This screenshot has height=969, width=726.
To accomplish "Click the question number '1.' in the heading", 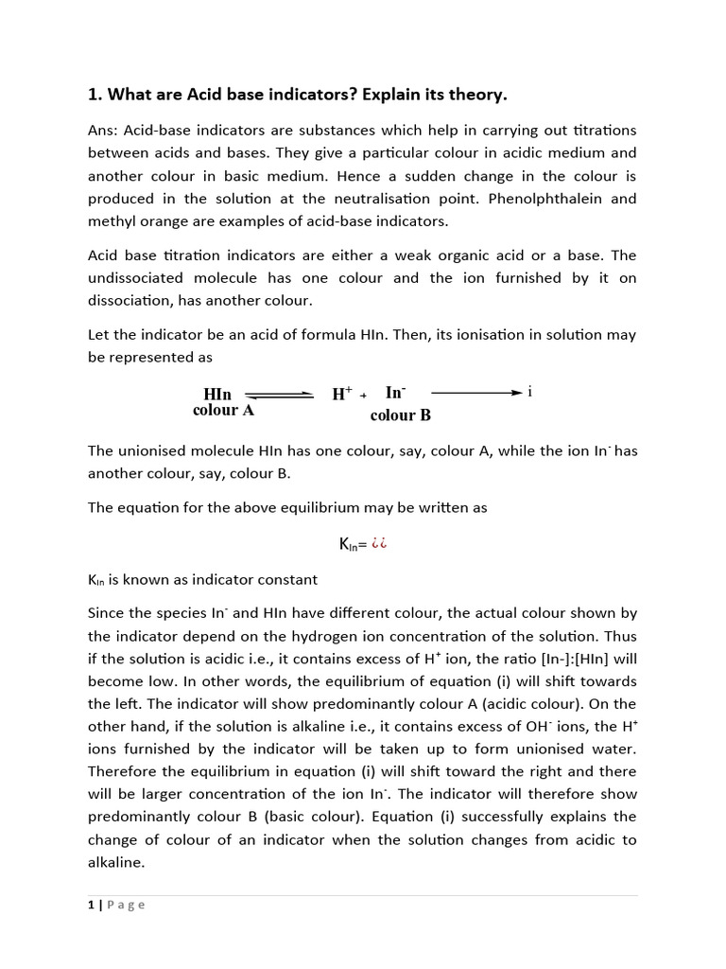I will click(95, 95).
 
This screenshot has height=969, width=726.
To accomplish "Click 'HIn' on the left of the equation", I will click(217, 394).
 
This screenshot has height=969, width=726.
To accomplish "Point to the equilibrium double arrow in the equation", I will click(279, 396).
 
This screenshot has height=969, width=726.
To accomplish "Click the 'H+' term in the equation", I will click(342, 394).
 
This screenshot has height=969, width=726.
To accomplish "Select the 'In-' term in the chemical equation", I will click(395, 392).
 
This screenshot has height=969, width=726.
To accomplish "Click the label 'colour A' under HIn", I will click(223, 411).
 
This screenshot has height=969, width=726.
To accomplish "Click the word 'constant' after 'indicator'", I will click(287, 579).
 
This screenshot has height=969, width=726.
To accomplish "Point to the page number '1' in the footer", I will click(91, 905).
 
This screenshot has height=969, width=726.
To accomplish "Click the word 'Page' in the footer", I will click(127, 905).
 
